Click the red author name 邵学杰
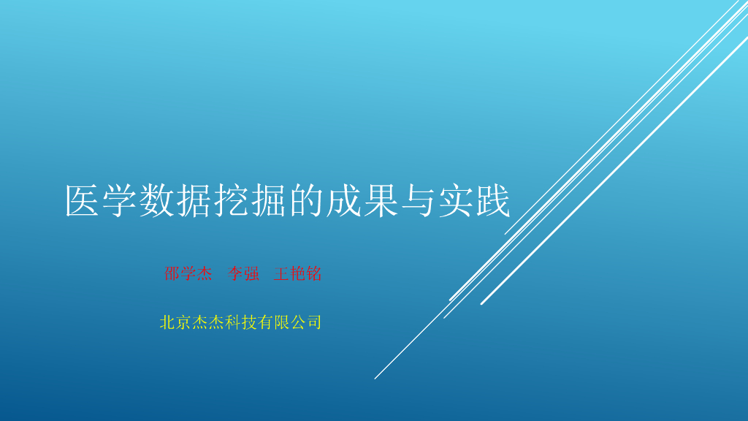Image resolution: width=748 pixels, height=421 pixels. click(188, 274)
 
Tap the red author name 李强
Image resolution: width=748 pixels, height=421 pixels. click(243, 274)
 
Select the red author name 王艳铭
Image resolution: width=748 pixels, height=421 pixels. click(297, 274)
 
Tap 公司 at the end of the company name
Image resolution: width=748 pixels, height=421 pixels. click(308, 322)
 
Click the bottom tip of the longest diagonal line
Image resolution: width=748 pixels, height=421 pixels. click(375, 378)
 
